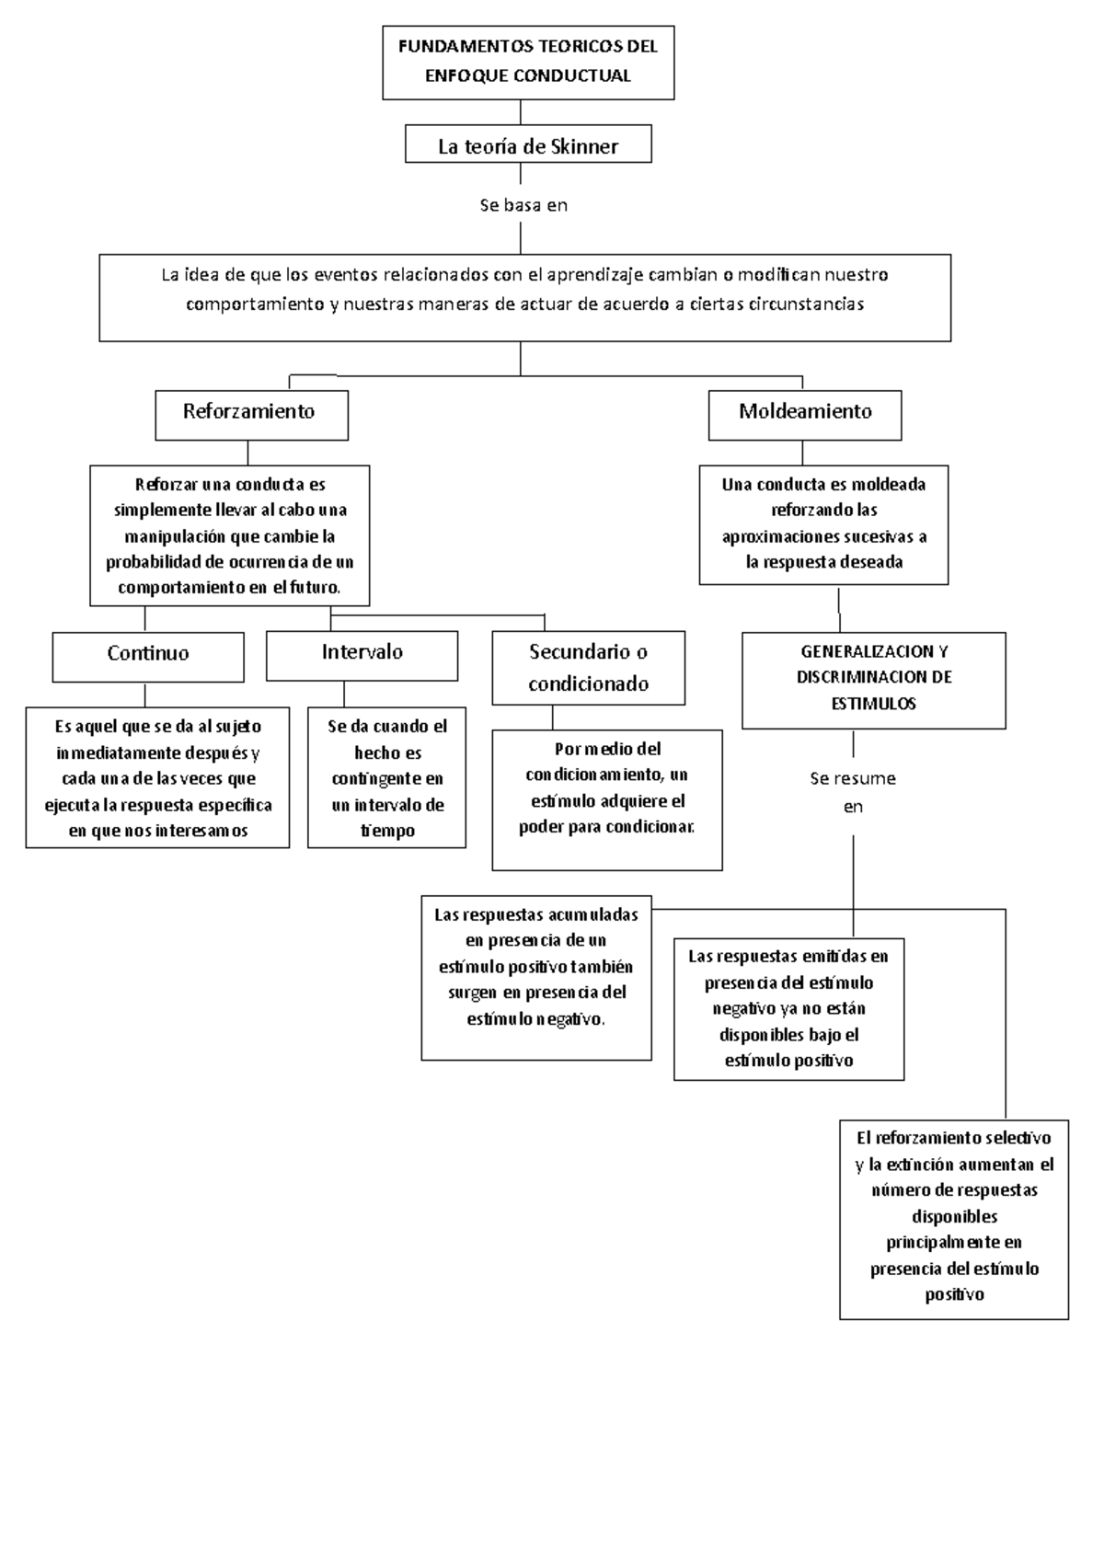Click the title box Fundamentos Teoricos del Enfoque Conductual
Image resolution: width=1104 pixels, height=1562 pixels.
528,62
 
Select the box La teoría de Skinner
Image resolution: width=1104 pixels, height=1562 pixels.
528,145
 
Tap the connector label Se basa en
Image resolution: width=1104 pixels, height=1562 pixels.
523,205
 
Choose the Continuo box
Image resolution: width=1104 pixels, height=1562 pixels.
148,655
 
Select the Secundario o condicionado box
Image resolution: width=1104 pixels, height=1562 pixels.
588,667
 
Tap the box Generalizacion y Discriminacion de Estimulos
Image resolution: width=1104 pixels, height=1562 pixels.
873,679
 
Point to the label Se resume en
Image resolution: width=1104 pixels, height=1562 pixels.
853,792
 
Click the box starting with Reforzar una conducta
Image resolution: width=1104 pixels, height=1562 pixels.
229,535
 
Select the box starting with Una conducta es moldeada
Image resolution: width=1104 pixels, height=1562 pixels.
823,524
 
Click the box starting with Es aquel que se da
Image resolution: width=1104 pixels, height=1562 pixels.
157,778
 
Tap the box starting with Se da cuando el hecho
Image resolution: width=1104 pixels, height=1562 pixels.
386,778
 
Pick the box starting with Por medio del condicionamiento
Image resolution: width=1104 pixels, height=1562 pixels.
607,798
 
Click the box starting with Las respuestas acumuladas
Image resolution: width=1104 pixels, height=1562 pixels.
536,977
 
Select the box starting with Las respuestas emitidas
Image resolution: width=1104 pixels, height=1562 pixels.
788,1008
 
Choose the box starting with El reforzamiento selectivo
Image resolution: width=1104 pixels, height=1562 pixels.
954,1218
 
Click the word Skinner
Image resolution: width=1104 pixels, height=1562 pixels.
583,146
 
